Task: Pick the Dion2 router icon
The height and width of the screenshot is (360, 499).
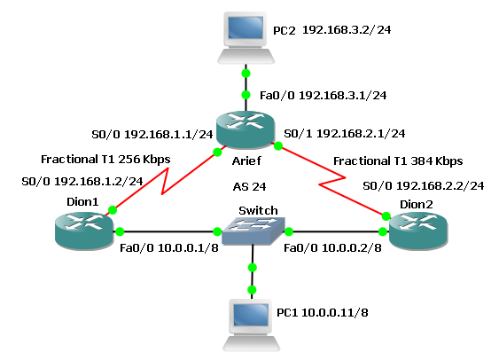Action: point(416,232)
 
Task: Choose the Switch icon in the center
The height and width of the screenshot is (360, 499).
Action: point(252,232)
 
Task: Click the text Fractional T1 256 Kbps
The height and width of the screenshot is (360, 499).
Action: point(105,160)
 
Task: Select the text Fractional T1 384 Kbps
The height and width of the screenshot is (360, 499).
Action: point(397,160)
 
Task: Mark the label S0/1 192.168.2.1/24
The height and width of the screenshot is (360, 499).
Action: point(344,133)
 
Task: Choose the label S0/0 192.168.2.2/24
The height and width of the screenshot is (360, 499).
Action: point(423,185)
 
